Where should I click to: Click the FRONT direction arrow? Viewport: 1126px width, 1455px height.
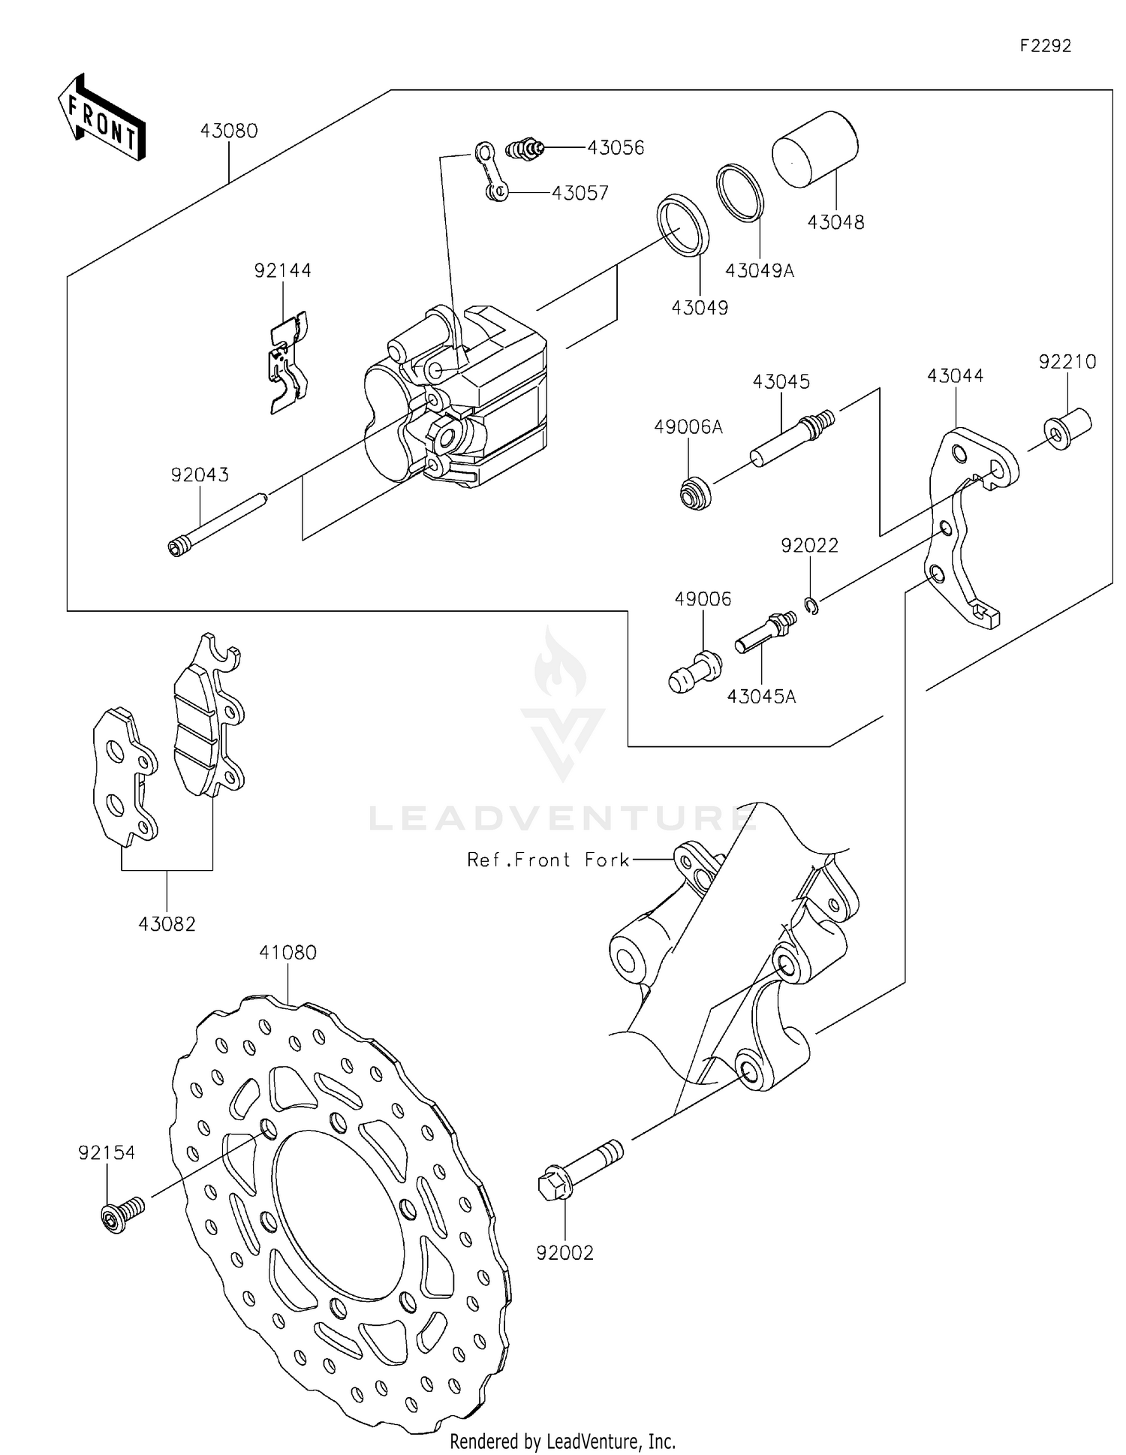pyautogui.click(x=101, y=119)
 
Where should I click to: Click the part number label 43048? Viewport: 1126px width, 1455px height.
pyautogui.click(x=835, y=222)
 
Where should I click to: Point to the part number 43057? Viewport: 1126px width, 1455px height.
pyautogui.click(x=580, y=193)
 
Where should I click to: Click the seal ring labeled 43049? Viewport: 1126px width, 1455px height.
pyautogui.click(x=682, y=224)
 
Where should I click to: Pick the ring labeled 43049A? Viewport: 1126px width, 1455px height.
pyautogui.click(x=740, y=193)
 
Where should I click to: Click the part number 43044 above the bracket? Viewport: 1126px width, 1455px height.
pyautogui.click(x=955, y=375)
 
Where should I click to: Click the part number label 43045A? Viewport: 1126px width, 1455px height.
pyautogui.click(x=760, y=697)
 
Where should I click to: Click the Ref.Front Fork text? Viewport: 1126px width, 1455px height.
pyautogui.click(x=547, y=860)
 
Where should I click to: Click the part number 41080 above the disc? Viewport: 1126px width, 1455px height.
pyautogui.click(x=288, y=952)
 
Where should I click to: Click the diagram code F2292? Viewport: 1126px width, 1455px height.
pyautogui.click(x=1045, y=46)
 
